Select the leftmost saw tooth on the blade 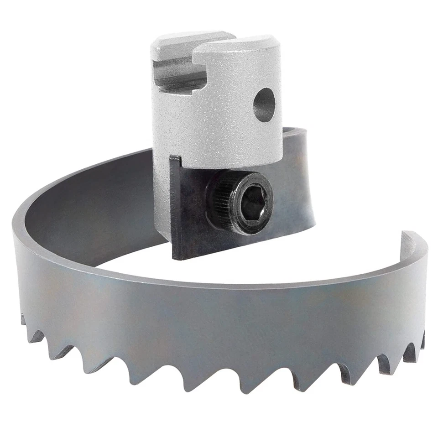[23, 319]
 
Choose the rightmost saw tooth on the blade [422, 340]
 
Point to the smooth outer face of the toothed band [205, 319]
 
